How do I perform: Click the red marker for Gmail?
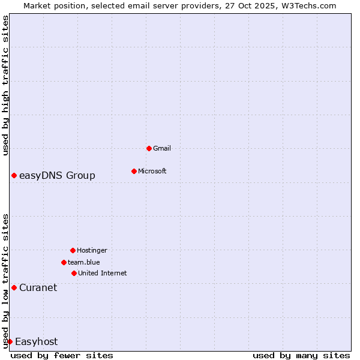coord(149,148)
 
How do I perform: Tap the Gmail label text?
coord(162,148)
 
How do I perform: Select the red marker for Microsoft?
coord(134,171)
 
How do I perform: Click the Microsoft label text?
coord(152,171)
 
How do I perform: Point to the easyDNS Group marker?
coord(14,175)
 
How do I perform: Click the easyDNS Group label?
coord(57,175)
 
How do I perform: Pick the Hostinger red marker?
coord(73,250)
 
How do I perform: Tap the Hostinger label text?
coord(92,250)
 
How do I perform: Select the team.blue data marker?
coord(64,262)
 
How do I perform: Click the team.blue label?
coord(83,262)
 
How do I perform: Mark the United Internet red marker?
coord(74,273)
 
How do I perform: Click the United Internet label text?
coord(102,273)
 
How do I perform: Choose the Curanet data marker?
coord(14,287)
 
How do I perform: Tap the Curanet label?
coord(38,287)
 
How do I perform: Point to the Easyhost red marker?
coord(10,341)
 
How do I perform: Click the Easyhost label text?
coord(36,341)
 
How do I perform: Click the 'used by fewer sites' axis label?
coord(62,355)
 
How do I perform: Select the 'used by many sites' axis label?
coord(301,355)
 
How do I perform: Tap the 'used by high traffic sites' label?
coord(5,86)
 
